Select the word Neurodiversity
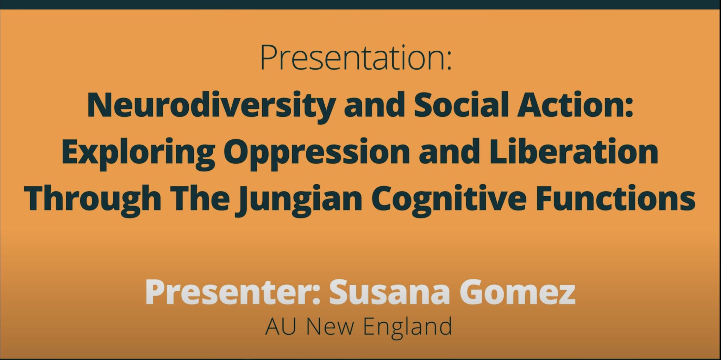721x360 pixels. coord(211,106)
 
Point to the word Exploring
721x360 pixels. coord(138,152)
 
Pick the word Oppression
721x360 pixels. coord(316,152)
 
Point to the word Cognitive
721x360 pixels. coord(449,199)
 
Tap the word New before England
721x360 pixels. coord(330,326)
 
